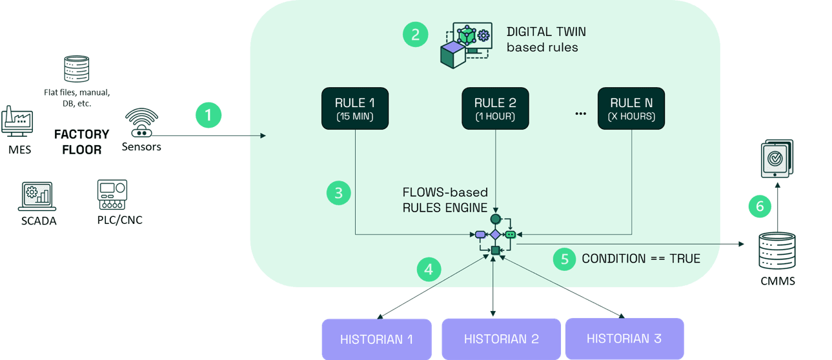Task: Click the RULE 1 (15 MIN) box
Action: tap(355, 108)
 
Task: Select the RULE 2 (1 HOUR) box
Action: tap(495, 108)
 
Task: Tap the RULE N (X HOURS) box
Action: tap(631, 108)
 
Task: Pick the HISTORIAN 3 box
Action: tap(624, 339)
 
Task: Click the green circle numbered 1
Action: tap(208, 115)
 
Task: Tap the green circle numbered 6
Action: tap(760, 206)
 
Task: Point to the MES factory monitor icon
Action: tap(17, 121)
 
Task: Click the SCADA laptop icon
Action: tap(37, 196)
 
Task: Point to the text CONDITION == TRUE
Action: tap(640, 259)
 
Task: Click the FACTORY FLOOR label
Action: tap(81, 142)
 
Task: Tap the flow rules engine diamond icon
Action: tap(495, 234)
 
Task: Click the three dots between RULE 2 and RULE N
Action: tap(580, 114)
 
